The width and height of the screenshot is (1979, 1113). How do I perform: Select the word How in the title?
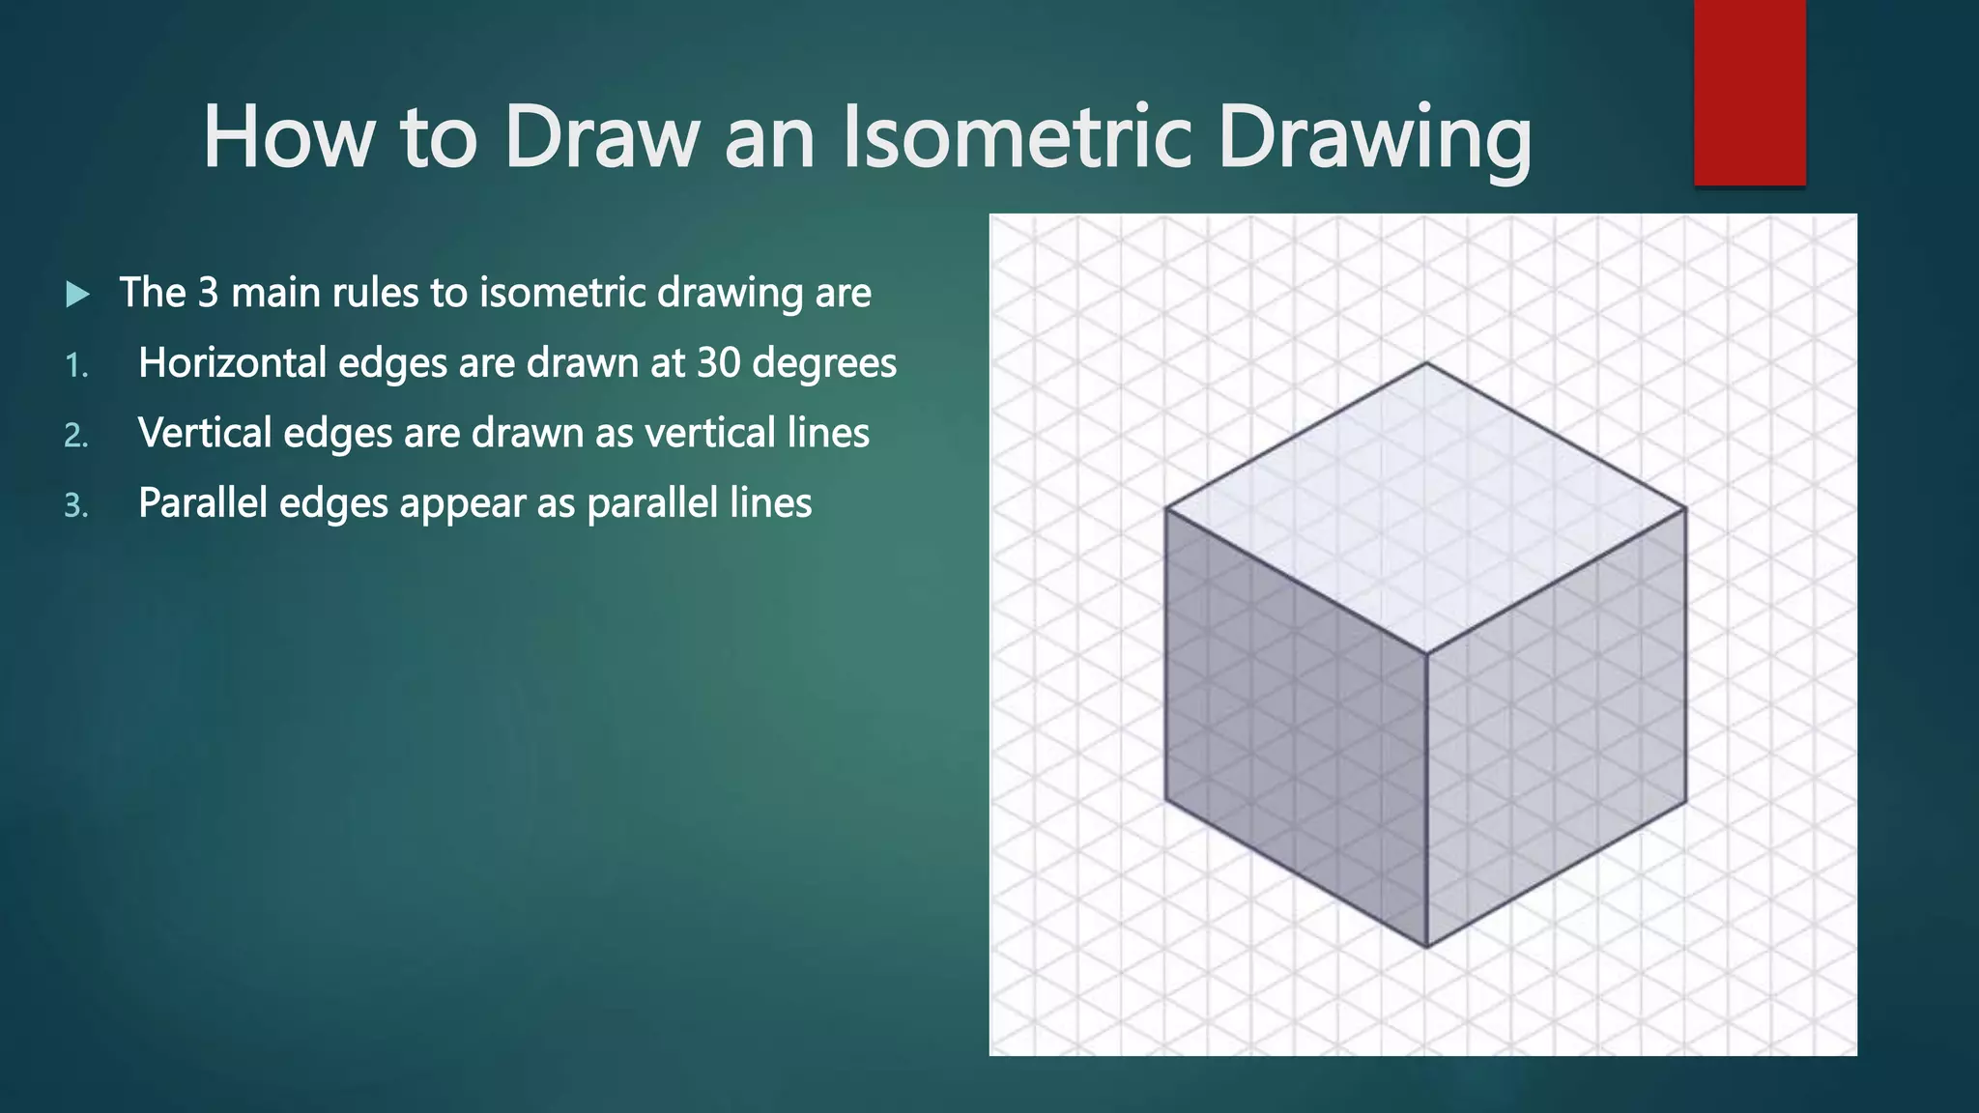pyautogui.click(x=287, y=137)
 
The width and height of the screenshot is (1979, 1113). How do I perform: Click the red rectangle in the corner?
pyautogui.click(x=1749, y=92)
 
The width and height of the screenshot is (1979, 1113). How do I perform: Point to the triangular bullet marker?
pyautogui.click(x=77, y=294)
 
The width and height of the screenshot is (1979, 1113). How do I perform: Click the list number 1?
pyautogui.click(x=75, y=366)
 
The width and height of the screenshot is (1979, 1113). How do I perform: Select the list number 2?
pyautogui.click(x=75, y=437)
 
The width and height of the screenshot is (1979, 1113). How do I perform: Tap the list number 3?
pyautogui.click(x=75, y=506)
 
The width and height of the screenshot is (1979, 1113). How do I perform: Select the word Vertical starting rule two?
pyautogui.click(x=204, y=433)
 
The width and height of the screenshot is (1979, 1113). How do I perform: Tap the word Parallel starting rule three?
pyautogui.click(x=202, y=503)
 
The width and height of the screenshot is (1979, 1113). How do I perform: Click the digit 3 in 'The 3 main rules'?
pyautogui.click(x=208, y=293)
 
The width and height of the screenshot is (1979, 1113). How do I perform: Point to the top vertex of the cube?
pyautogui.click(x=1426, y=363)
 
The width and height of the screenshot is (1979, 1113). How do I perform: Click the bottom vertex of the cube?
pyautogui.click(x=1427, y=947)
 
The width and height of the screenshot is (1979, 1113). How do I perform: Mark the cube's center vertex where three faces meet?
pyautogui.click(x=1427, y=653)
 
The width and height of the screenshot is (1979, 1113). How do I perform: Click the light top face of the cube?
pyautogui.click(x=1426, y=507)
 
